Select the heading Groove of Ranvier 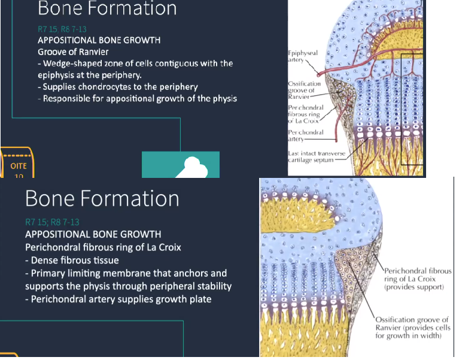(x=73, y=52)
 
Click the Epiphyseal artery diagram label (x=297, y=56)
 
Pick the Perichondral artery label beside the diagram (x=305, y=135)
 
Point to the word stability (x=214, y=286)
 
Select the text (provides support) (x=415, y=287)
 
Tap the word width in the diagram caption (x=430, y=335)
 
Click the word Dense (x=46, y=261)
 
